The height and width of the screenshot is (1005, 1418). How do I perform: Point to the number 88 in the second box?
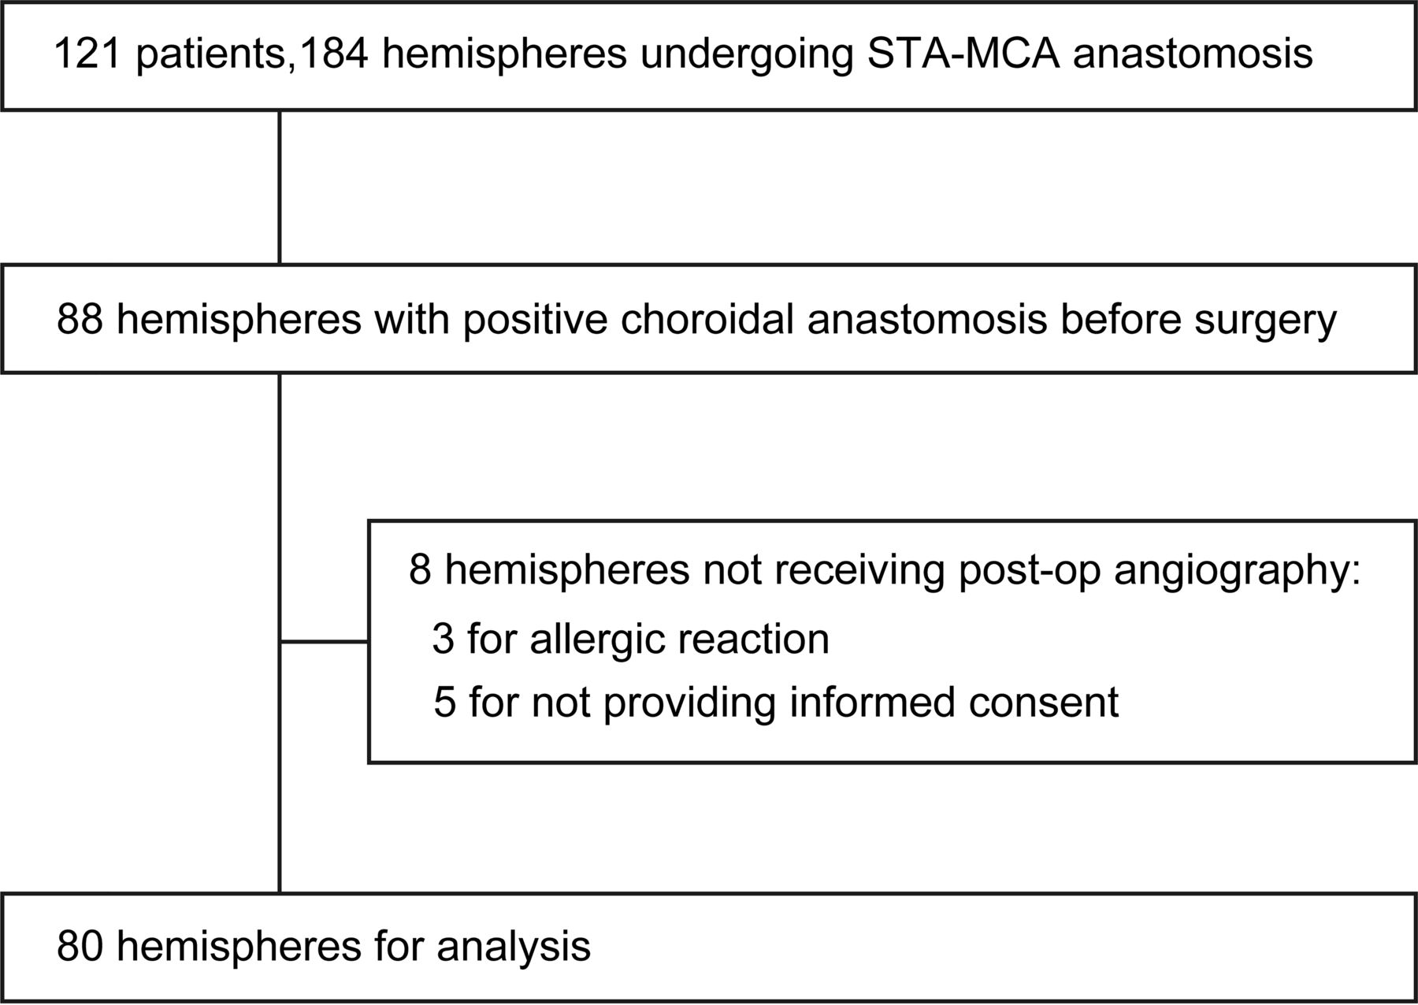80,320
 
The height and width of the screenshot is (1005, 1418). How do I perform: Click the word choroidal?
707,320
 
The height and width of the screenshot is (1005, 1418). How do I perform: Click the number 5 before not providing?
444,702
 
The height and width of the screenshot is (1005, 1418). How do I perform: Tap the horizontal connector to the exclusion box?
325,642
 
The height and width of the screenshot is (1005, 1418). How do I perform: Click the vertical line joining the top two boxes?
280,187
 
